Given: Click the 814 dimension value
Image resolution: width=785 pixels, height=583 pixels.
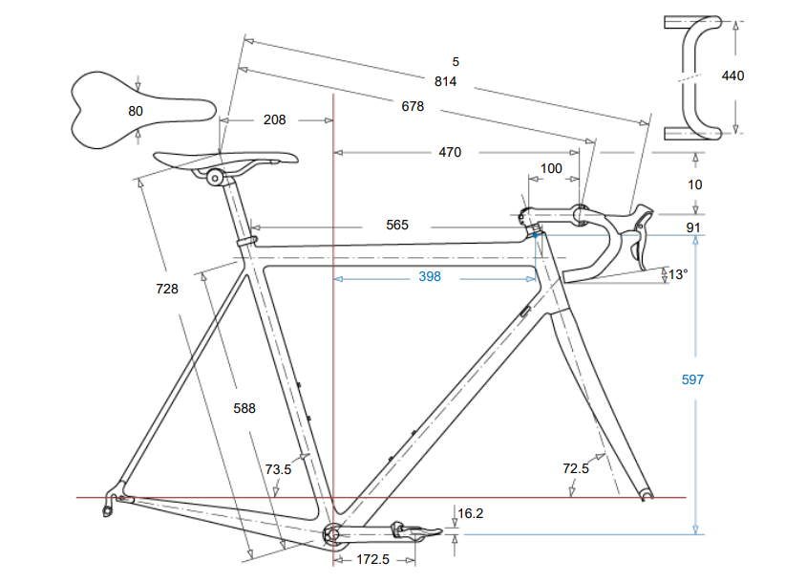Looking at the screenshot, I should (445, 81).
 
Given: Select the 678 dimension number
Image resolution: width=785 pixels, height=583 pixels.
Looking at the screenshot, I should (413, 107).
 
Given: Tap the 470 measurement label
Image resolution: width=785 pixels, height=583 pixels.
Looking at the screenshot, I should (450, 153).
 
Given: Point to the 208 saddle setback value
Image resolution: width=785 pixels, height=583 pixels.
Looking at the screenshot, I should (274, 120).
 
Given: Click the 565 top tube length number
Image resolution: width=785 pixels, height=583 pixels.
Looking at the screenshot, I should (397, 226).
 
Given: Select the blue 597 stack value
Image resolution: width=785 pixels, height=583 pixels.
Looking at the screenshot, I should (692, 379).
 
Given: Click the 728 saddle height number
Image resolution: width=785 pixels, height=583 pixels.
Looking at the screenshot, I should (167, 288).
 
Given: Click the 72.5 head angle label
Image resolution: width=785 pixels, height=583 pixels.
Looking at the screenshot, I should (576, 468).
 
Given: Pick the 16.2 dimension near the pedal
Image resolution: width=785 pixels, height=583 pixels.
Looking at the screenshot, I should (471, 513).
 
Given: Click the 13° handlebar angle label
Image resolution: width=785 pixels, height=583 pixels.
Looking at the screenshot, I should (678, 274).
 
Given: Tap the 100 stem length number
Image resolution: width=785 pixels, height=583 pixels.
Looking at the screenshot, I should (552, 169).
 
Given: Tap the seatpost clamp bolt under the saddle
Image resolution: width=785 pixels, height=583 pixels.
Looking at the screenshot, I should (215, 177).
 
